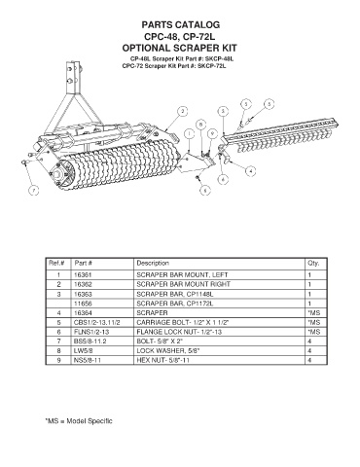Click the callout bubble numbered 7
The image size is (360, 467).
[x=34, y=191]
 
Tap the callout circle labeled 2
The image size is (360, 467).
[x=183, y=111]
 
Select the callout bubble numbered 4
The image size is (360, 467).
[x=250, y=170]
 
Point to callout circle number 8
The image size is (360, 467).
[x=201, y=125]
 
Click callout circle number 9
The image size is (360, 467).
[x=212, y=133]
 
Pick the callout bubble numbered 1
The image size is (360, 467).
[x=189, y=133]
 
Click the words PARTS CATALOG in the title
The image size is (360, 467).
[x=181, y=24]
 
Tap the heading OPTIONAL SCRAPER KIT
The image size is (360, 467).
[x=179, y=48]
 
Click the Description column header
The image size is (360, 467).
[x=153, y=263]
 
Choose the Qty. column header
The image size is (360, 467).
[x=313, y=263]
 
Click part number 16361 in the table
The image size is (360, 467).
[x=83, y=275]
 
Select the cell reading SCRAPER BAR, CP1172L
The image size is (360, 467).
[x=175, y=304]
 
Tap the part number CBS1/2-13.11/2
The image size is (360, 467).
[x=97, y=322]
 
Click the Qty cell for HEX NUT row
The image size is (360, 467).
[x=309, y=360]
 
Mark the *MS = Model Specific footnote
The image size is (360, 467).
[x=79, y=421]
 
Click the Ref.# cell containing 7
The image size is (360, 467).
[x=58, y=341]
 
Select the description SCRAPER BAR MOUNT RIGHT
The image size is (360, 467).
[x=183, y=284]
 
